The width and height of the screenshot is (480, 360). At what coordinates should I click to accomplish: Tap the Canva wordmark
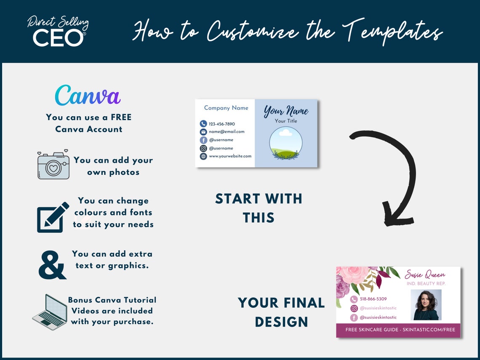pos(88,95)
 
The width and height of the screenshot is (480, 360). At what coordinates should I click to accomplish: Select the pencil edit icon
pos(53,217)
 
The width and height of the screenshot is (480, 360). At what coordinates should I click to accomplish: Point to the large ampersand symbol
pos(52,265)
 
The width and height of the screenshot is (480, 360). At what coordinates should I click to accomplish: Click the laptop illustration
pos(50,312)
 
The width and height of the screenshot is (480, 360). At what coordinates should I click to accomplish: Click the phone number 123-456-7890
pos(222,124)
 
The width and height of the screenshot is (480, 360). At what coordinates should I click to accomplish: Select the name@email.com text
pos(227,132)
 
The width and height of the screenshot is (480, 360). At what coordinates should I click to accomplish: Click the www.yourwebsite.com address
pos(230,156)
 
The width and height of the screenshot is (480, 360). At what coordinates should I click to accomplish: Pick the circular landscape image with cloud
pos(286,143)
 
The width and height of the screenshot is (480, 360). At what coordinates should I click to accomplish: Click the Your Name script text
pos(286,111)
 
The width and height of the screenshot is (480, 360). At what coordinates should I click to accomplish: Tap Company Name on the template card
pos(226,108)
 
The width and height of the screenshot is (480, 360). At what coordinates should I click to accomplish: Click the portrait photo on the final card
pos(426,304)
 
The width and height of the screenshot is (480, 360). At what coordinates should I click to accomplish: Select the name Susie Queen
pos(425,275)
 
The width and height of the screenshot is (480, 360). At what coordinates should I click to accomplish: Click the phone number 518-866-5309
pos(373,299)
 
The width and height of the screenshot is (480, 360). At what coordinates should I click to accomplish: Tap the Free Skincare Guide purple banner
pos(398,330)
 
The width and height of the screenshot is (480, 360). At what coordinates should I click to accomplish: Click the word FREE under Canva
pos(121,117)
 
